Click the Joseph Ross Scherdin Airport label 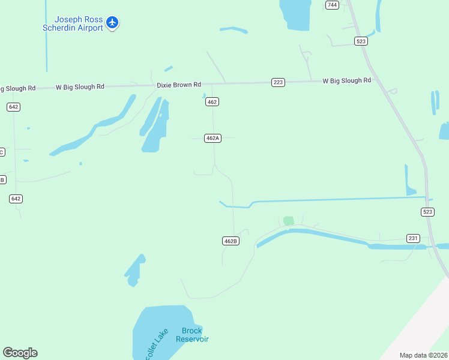[73, 23]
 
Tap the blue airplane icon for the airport [112, 23]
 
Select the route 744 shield [332, 5]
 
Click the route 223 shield [278, 82]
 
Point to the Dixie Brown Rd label [179, 85]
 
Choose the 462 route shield [211, 102]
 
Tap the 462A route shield [212, 138]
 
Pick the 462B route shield [231, 241]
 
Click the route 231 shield [413, 238]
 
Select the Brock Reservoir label [192, 335]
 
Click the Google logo [20, 353]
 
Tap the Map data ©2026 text [423, 355]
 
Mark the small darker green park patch [289, 220]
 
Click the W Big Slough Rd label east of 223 [346, 80]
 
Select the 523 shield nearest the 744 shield [361, 41]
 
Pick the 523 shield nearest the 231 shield [427, 212]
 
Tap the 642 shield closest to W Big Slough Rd [14, 107]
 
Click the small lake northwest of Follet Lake [134, 271]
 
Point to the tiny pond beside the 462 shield [204, 95]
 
